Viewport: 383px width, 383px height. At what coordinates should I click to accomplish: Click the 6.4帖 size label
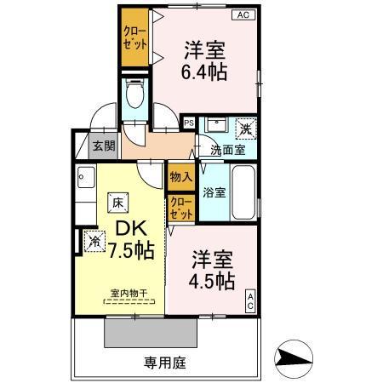coord(204,71)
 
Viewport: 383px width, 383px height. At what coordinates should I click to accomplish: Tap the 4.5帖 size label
coord(212,280)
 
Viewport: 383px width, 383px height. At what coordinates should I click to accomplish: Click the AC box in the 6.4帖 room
coord(243,15)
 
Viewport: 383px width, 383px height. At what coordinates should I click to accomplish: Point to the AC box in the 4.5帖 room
coord(251,300)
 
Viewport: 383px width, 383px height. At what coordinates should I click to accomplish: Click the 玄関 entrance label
coord(103,146)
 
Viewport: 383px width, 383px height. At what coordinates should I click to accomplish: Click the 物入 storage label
coord(180,177)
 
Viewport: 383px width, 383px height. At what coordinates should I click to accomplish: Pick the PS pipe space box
coord(188,123)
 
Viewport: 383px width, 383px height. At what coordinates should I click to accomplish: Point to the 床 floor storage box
coord(116,203)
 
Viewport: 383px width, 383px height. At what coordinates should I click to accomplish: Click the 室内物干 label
coord(129,294)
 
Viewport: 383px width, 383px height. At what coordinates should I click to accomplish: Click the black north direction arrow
coord(294,358)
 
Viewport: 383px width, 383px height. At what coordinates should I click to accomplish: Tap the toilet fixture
coord(133,94)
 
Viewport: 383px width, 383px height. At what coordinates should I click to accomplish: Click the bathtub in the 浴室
coord(244,191)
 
